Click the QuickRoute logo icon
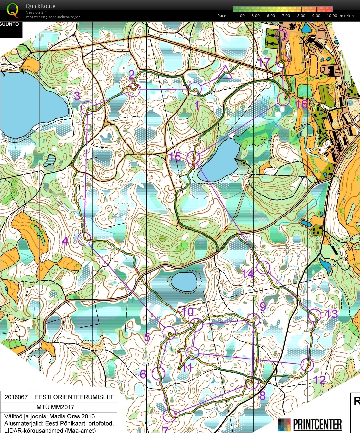13,10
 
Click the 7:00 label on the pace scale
286,16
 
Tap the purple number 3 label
77,96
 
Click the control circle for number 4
84,238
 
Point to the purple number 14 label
248,273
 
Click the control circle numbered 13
314,316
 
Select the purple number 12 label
319,380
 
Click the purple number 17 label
265,62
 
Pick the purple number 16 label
301,104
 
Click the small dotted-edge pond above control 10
184,282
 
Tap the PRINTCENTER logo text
317,424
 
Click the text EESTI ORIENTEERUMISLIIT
74,397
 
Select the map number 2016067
16,397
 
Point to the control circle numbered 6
158,373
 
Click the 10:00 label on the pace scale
332,16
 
